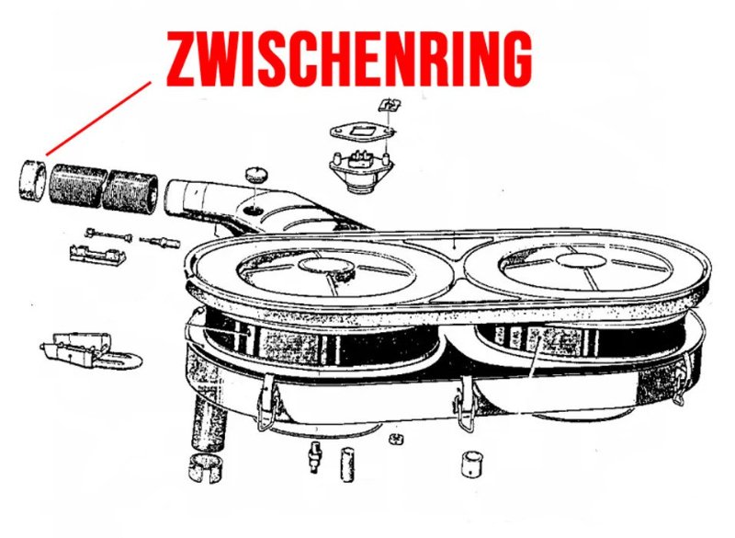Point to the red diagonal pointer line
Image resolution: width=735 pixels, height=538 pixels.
point(98,118)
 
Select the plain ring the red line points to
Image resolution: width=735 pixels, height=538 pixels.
point(34,179)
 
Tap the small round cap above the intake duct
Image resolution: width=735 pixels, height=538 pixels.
point(255,174)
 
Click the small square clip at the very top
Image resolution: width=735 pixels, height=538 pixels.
point(390,105)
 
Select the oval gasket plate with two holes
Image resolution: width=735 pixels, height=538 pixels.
point(362,132)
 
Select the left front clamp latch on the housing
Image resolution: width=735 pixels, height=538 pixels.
point(268,402)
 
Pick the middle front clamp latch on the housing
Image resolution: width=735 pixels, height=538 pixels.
point(466,404)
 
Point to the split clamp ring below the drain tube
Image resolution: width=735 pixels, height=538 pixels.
point(208,467)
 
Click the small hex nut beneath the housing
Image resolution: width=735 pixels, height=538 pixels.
point(397,439)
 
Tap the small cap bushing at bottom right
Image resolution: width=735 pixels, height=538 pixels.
point(473,464)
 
